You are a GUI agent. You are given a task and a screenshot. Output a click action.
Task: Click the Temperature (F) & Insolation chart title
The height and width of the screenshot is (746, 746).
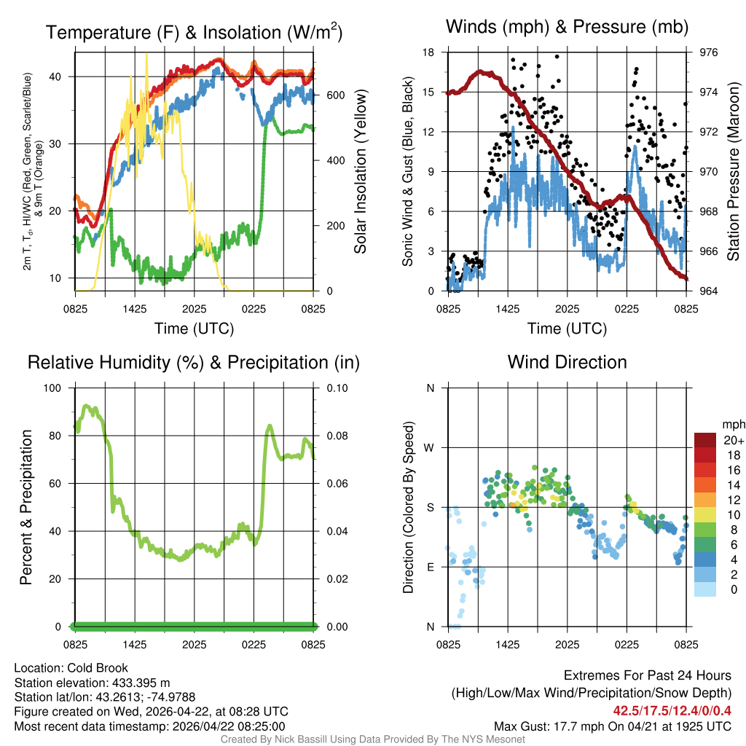pos(194,32)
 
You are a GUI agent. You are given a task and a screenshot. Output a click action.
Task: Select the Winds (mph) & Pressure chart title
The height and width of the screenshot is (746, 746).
pos(567,27)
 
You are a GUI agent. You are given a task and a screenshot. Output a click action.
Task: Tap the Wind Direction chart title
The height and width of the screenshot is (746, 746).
pos(567,362)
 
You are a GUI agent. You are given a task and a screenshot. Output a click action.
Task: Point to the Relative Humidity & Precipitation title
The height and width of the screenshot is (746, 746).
pos(194,362)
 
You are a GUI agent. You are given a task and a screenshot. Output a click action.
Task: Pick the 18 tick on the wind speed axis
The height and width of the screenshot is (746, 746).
pos(428,52)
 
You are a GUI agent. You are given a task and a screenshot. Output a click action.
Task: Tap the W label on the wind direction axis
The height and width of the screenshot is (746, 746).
pos(430,447)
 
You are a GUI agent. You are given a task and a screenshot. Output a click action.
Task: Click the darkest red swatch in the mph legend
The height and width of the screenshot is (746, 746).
pos(705,440)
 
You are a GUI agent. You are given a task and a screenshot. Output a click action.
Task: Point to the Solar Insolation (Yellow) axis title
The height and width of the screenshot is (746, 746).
pos(361,172)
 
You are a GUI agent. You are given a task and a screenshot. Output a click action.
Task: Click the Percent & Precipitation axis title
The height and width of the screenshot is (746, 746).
pos(26,507)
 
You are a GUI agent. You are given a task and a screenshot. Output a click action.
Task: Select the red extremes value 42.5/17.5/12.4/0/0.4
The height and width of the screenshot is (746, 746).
pos(671,710)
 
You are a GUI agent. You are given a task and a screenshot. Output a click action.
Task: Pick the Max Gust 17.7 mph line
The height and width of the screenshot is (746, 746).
pos(613,726)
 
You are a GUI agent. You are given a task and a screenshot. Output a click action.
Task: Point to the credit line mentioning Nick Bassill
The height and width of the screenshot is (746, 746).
pos(372,739)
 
